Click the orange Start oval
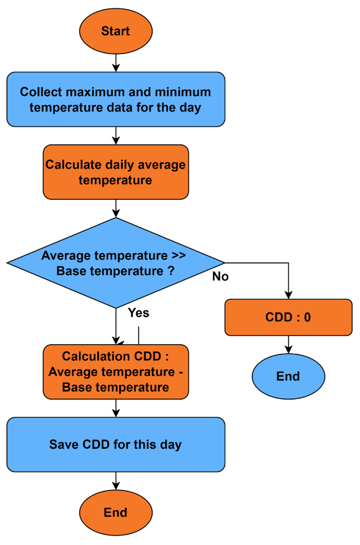(x=115, y=31)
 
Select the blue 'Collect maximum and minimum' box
(x=115, y=99)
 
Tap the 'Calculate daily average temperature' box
(x=115, y=172)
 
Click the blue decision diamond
(x=115, y=263)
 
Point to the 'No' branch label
(x=220, y=277)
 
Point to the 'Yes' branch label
(x=138, y=313)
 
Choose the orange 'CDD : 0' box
(x=288, y=317)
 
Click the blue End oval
(x=288, y=377)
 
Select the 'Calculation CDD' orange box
(x=115, y=372)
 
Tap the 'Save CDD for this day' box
(x=115, y=445)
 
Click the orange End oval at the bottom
(x=115, y=513)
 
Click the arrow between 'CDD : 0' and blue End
(x=288, y=345)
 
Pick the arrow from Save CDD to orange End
(x=115, y=482)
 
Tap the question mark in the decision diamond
(x=171, y=271)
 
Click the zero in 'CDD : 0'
(x=307, y=317)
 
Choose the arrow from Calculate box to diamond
(x=115, y=208)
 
